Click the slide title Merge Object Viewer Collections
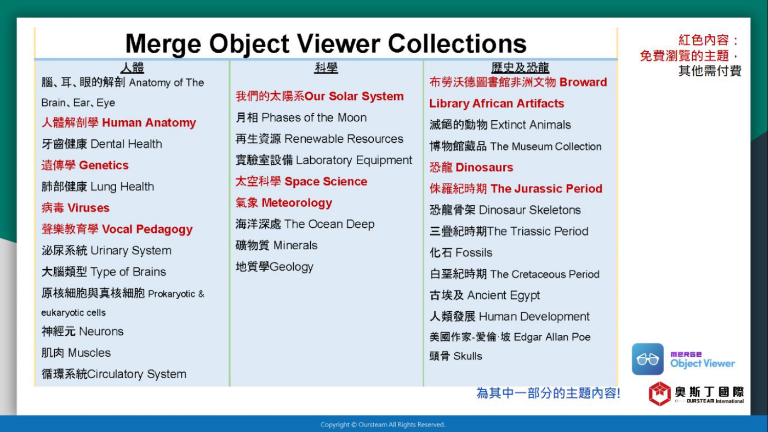[x=326, y=44]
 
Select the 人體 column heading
[x=132, y=68]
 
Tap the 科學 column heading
[x=326, y=68]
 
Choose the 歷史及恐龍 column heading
[x=520, y=68]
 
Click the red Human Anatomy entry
[x=119, y=123]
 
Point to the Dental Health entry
[x=102, y=144]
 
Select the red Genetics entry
[x=85, y=165]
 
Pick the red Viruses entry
[x=75, y=208]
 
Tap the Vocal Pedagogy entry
[x=117, y=229]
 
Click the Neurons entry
[x=82, y=332]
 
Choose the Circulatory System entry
[x=114, y=374]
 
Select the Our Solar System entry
[x=319, y=96]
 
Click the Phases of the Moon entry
[x=301, y=118]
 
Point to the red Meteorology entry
[x=284, y=203]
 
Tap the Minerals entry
[x=276, y=246]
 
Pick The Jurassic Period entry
[x=516, y=188]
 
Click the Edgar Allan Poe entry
[x=510, y=337]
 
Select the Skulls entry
[x=456, y=356]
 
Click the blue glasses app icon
[x=648, y=359]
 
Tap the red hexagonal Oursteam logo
[x=659, y=394]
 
